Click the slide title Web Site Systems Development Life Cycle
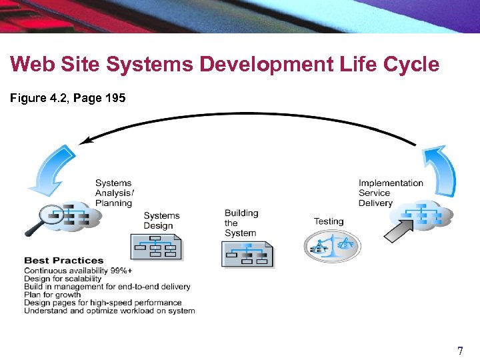coord(225,65)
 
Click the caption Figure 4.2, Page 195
coord(66,98)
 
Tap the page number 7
coord(459,351)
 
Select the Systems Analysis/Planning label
coord(113,193)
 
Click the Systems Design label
coord(161,221)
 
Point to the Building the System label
coord(241,223)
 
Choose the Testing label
coord(329,221)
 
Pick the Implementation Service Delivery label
coord(391,193)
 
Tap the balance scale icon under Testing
coord(331,247)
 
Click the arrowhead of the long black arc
coord(84,141)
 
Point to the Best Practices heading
coord(64,260)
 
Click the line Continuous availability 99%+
coord(78,271)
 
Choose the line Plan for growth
coord(52,295)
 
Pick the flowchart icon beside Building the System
coord(247,253)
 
